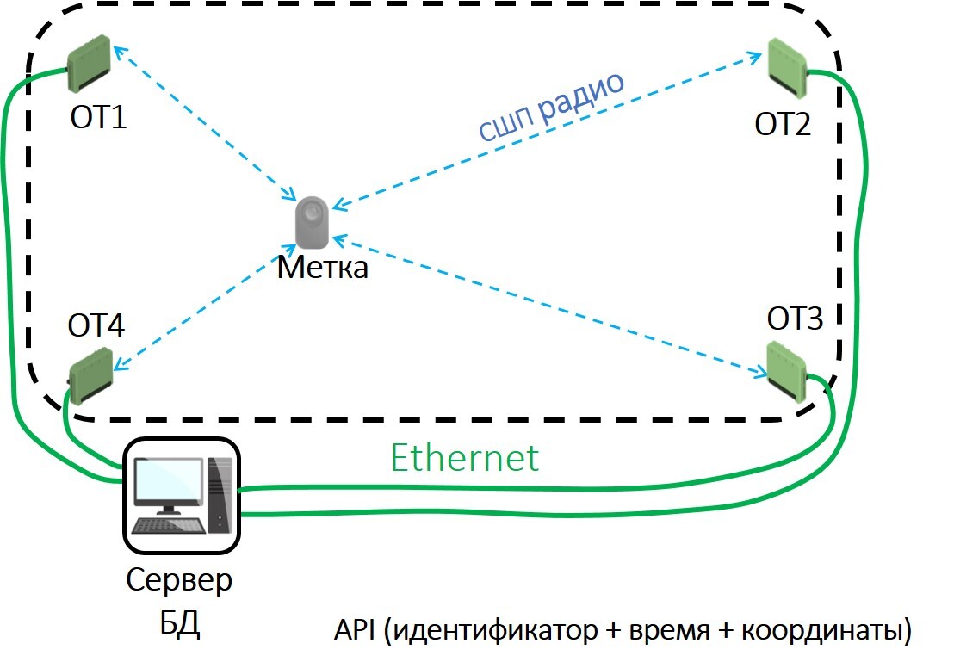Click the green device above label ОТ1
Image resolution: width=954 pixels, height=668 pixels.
(x=90, y=63)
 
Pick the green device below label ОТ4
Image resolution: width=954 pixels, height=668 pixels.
(x=90, y=374)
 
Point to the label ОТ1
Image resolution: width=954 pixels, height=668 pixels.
(x=98, y=116)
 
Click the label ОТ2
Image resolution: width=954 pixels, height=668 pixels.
(x=783, y=125)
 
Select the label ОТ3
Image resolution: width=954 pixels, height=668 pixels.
(x=795, y=319)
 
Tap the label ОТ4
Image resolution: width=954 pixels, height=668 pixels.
(x=96, y=325)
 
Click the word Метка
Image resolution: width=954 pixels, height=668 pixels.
(x=322, y=267)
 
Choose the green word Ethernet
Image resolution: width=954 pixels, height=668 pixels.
(x=464, y=457)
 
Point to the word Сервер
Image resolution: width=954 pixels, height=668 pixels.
(x=179, y=580)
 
